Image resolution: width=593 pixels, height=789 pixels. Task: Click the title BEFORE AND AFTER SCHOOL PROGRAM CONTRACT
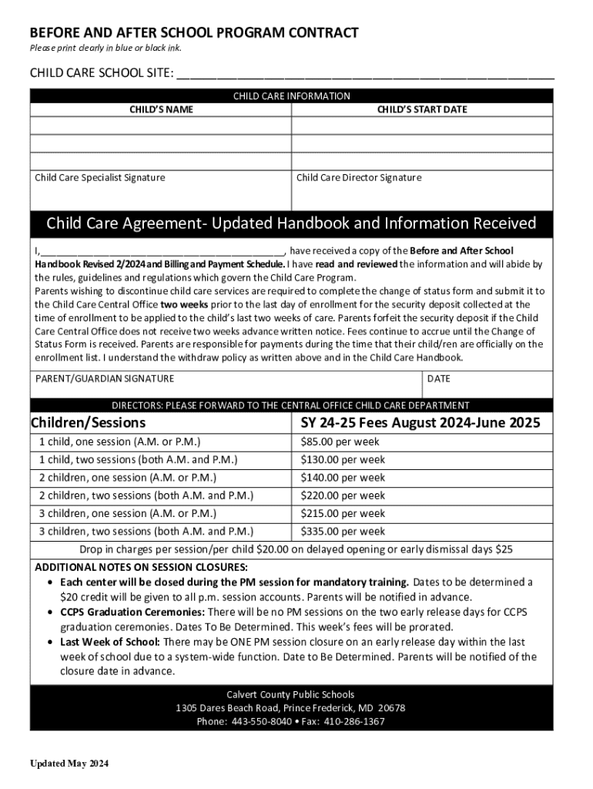194,33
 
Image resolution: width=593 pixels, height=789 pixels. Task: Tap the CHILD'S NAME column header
160,109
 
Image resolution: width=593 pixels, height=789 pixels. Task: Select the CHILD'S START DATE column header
421,109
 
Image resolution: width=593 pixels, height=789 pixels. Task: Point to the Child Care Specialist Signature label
100,178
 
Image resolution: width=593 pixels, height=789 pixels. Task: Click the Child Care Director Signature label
359,178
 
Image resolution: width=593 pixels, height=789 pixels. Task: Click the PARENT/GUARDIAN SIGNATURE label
105,378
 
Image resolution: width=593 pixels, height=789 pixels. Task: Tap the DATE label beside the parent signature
438,378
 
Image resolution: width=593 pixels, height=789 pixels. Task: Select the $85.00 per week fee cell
340,442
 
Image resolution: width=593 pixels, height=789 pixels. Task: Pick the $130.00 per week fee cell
343,460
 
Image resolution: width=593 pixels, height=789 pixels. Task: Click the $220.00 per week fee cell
343,495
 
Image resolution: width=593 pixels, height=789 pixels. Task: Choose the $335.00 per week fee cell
343,532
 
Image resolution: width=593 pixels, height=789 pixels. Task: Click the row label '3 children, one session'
128,513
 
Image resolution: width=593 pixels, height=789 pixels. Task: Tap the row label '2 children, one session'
128,478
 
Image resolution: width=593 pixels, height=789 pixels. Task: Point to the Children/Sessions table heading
88,423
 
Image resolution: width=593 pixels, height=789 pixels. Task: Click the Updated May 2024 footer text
69,764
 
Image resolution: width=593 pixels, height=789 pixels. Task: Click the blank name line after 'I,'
162,251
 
